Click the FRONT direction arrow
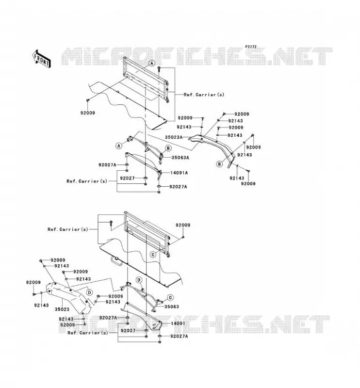click(x=42, y=59)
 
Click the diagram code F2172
click(x=251, y=47)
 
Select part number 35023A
click(x=174, y=137)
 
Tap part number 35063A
click(x=180, y=157)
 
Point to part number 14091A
click(x=179, y=173)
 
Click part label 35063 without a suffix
click(x=172, y=307)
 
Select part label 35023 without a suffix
click(x=62, y=309)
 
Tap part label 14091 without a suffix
click(x=178, y=323)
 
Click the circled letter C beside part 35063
click(x=170, y=297)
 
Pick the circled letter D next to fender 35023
click(x=90, y=292)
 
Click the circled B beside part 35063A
click(x=168, y=148)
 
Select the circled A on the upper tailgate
click(x=152, y=64)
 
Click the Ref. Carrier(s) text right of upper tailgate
click(x=204, y=95)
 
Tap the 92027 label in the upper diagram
click(x=127, y=178)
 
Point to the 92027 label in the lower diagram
click(x=128, y=331)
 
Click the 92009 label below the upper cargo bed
click(x=88, y=113)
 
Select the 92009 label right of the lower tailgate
click(x=183, y=225)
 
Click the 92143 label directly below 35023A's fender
click(x=237, y=178)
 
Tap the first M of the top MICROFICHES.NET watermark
click(x=70, y=56)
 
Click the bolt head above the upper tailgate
click(x=159, y=68)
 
